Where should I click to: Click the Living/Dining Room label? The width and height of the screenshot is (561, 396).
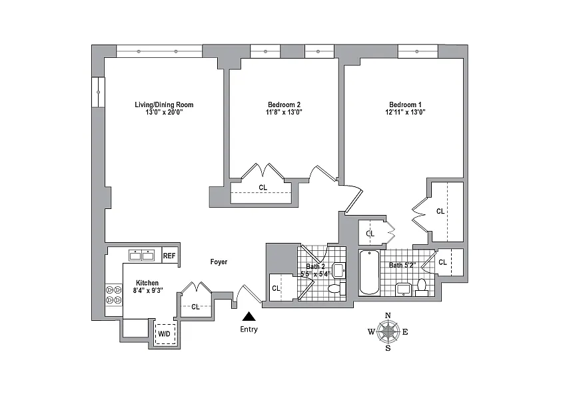pyautogui.click(x=164, y=104)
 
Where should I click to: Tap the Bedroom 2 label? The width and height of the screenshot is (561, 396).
pyautogui.click(x=284, y=104)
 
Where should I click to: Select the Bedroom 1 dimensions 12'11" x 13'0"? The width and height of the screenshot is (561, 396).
pyautogui.click(x=405, y=112)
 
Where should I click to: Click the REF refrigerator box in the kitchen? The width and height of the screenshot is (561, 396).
pyautogui.click(x=169, y=256)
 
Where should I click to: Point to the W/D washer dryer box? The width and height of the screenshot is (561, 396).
pyautogui.click(x=165, y=334)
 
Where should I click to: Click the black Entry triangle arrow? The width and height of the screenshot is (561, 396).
pyautogui.click(x=249, y=316)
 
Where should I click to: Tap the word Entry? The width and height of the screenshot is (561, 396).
pyautogui.click(x=249, y=329)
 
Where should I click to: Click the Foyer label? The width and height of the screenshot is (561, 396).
pyautogui.click(x=219, y=262)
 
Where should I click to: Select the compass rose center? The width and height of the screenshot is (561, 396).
pyautogui.click(x=388, y=331)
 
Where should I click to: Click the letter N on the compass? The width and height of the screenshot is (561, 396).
pyautogui.click(x=388, y=315)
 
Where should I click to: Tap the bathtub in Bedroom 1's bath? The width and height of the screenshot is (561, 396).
pyautogui.click(x=369, y=272)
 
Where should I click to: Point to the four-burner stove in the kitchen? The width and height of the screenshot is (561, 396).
pyautogui.click(x=114, y=295)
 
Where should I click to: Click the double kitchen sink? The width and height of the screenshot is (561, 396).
pyautogui.click(x=142, y=255)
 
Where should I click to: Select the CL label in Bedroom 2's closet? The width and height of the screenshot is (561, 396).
pyautogui.click(x=263, y=187)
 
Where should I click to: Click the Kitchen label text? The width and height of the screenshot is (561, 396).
pyautogui.click(x=147, y=283)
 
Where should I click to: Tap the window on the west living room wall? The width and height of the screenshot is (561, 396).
pyautogui.click(x=98, y=93)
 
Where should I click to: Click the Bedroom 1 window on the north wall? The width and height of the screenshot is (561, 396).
pyautogui.click(x=418, y=51)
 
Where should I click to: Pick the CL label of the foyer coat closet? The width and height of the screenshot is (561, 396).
pyautogui.click(x=195, y=307)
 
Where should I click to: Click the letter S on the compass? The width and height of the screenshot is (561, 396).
pyautogui.click(x=388, y=348)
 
